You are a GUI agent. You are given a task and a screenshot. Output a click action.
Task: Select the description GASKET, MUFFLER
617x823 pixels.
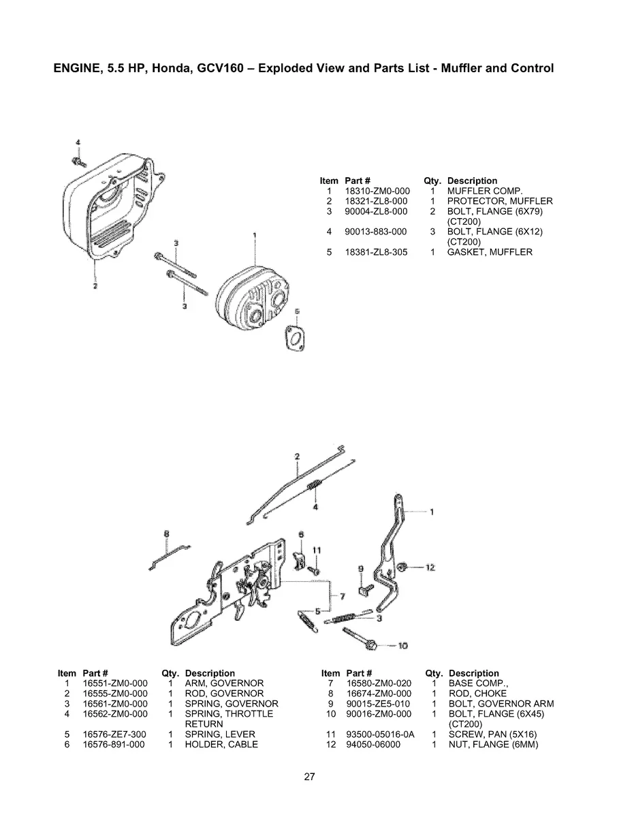tap(490, 252)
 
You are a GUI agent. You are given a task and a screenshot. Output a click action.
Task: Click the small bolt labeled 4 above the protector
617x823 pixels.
tap(78, 161)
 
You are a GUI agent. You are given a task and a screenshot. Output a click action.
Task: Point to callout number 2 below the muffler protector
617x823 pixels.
tap(95, 286)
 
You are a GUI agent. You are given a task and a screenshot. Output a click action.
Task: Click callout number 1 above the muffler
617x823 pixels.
tap(254, 235)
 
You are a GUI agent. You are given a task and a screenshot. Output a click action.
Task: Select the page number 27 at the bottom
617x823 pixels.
tap(309, 776)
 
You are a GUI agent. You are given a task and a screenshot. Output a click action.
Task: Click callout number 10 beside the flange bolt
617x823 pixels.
tap(402, 645)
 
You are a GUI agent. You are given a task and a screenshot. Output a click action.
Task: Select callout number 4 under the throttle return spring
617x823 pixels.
tap(315, 508)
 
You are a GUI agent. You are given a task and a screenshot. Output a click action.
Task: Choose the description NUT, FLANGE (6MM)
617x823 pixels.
tap(493, 745)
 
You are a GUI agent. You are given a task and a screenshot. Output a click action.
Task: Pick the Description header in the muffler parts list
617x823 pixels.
tap(472, 181)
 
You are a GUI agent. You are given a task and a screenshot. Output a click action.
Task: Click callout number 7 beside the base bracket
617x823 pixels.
tap(343, 596)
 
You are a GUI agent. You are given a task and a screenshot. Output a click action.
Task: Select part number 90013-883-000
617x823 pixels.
tap(375, 232)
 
